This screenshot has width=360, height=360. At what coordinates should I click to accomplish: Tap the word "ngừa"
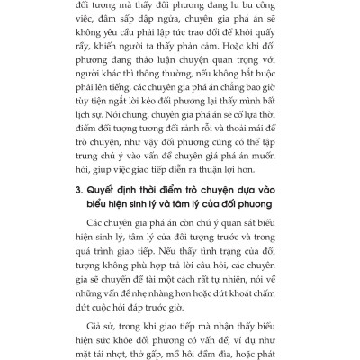(193, 24)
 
